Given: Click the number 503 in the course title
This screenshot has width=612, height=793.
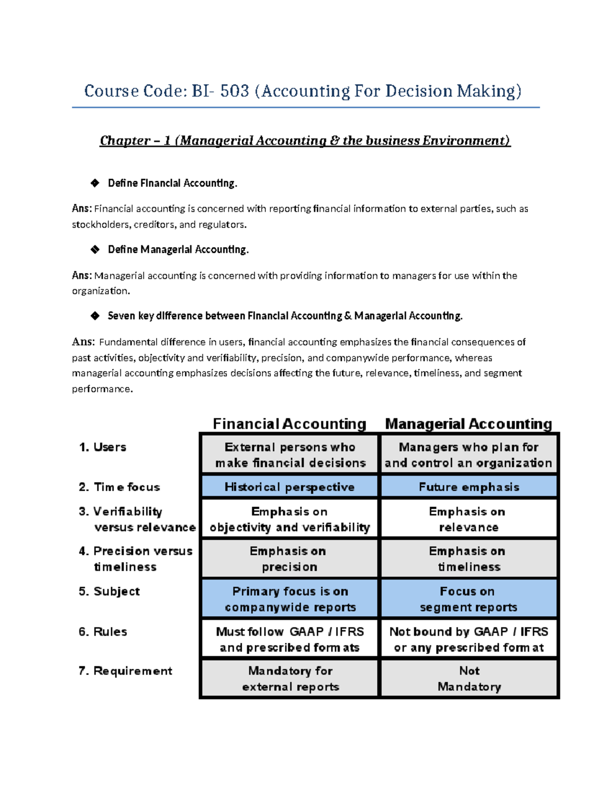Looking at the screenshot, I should click(x=235, y=91).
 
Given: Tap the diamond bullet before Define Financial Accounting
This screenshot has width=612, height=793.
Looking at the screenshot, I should click(x=95, y=183).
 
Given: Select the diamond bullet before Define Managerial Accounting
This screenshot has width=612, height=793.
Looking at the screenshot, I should click(x=95, y=249).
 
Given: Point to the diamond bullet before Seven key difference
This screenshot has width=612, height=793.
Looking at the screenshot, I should click(x=95, y=316).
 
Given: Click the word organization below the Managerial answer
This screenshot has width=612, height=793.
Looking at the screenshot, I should click(x=100, y=291).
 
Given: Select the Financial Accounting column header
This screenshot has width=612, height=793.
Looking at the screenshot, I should click(x=289, y=424).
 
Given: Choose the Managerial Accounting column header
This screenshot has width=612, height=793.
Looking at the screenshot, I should click(x=468, y=424).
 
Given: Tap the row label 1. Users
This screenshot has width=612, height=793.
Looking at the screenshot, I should click(x=103, y=447).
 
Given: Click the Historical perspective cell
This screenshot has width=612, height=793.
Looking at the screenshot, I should click(x=289, y=487).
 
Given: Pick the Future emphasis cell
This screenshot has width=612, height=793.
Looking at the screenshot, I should click(x=469, y=487).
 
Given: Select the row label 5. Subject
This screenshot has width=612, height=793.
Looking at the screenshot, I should click(x=109, y=591).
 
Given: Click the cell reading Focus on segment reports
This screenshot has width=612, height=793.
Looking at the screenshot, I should click(x=468, y=599).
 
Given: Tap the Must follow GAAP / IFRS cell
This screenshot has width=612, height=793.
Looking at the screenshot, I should click(x=290, y=639).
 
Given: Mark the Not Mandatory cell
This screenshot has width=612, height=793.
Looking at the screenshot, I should click(x=469, y=679).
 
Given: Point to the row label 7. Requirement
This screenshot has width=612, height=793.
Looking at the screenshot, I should click(x=125, y=671).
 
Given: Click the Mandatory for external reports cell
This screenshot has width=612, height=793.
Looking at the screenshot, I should click(x=290, y=679).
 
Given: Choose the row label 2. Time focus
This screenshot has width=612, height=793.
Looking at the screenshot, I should click(x=119, y=487).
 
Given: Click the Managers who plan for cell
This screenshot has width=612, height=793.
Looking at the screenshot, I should click(x=468, y=454).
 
